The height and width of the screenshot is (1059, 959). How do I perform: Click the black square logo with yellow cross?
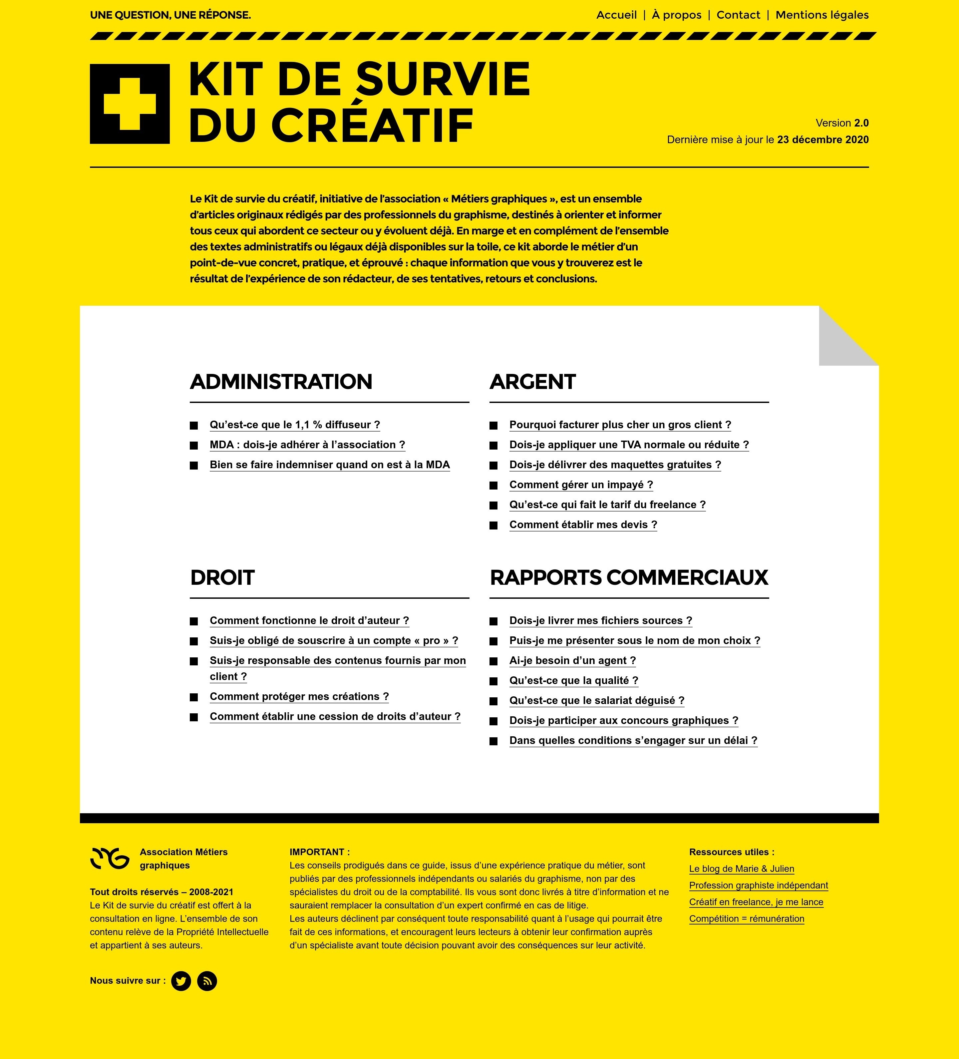(x=130, y=104)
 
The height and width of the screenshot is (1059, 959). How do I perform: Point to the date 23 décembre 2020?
(x=822, y=140)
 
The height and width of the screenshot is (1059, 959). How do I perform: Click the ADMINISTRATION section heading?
(x=281, y=382)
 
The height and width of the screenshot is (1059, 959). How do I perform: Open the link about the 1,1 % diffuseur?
(x=295, y=425)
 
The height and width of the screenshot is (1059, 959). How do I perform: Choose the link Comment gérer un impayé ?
(x=581, y=485)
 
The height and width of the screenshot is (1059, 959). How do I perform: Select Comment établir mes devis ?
(x=583, y=525)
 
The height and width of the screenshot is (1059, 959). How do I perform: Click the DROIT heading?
(x=222, y=578)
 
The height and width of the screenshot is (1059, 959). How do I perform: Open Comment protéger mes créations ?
(x=299, y=697)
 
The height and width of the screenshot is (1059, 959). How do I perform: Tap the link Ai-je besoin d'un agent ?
(x=572, y=661)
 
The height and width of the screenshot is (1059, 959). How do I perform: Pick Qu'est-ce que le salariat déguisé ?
(x=597, y=701)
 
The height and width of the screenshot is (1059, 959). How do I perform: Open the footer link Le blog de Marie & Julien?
(x=741, y=869)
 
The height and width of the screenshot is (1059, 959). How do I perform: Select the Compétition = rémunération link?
(x=746, y=919)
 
